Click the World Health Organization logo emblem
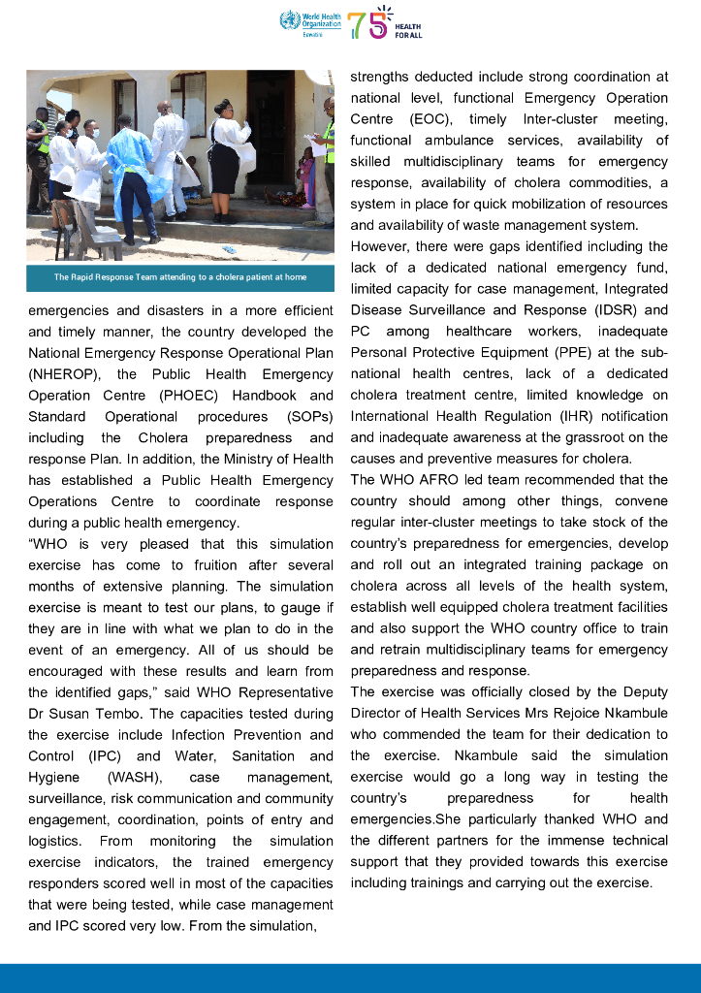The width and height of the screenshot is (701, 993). click(287, 19)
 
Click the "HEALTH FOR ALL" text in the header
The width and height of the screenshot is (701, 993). click(408, 31)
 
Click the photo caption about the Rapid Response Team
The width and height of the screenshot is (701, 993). click(179, 277)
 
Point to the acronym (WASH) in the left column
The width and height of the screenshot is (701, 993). click(137, 778)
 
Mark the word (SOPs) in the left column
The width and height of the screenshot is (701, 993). click(308, 417)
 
